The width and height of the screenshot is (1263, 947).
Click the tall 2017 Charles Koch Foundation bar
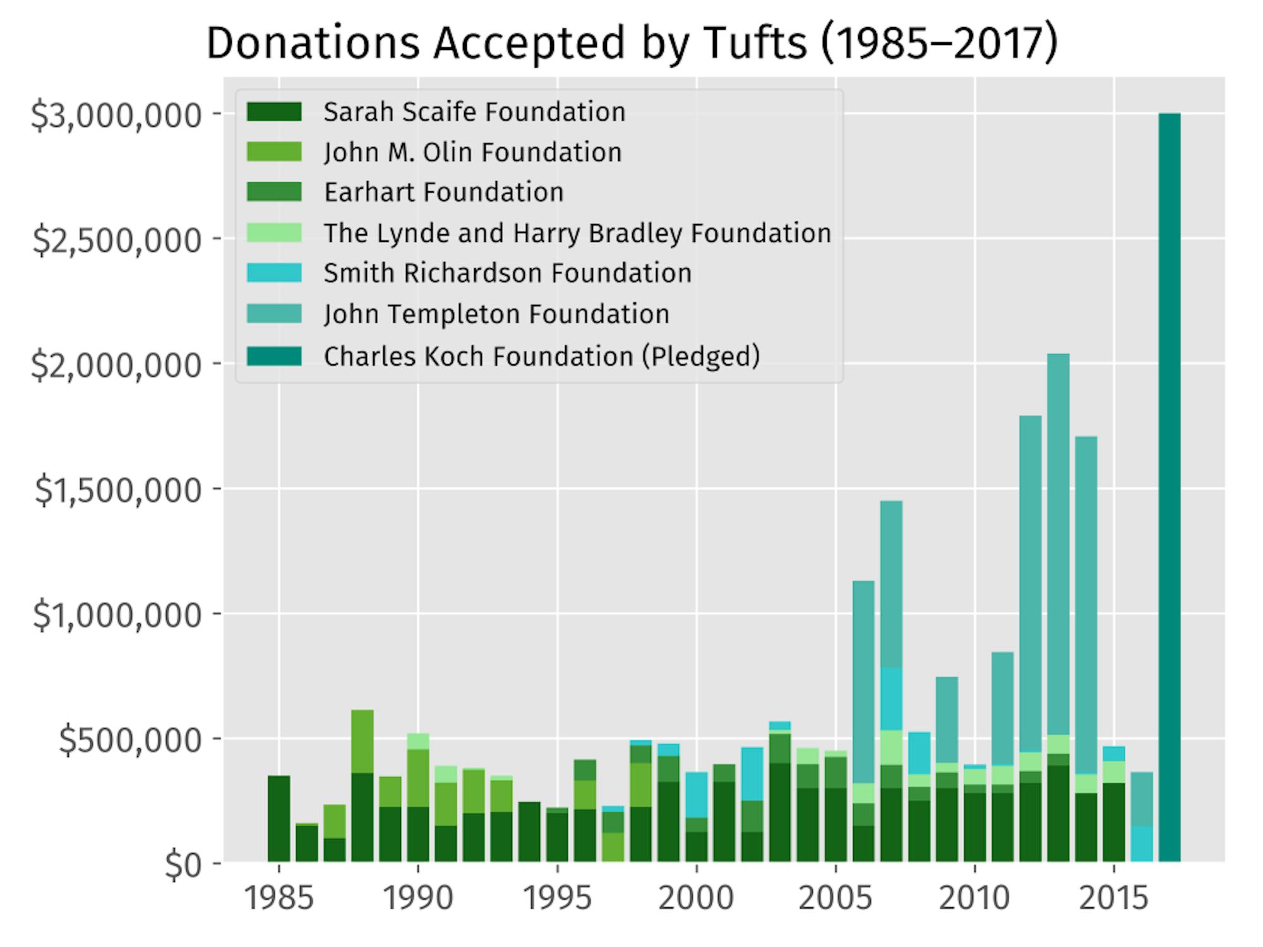click(1170, 486)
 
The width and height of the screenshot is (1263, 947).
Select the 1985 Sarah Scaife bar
click(279, 818)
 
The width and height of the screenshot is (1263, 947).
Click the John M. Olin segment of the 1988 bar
click(362, 741)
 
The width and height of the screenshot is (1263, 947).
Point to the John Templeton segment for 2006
click(863, 682)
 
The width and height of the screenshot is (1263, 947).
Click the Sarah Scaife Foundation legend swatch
click(274, 112)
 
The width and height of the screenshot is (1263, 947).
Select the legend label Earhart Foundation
click(443, 193)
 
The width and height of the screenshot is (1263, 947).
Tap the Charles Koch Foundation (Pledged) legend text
click(542, 356)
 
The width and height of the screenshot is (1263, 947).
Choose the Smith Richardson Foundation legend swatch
click(274, 273)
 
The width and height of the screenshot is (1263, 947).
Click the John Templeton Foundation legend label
click(496, 314)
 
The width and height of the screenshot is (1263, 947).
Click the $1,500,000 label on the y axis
click(118, 490)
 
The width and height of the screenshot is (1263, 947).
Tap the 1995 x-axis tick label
click(558, 898)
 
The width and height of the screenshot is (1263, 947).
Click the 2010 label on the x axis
click(974, 898)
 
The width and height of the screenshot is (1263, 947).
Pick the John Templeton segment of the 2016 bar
click(1142, 799)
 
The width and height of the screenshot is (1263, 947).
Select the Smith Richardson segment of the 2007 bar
click(891, 698)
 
